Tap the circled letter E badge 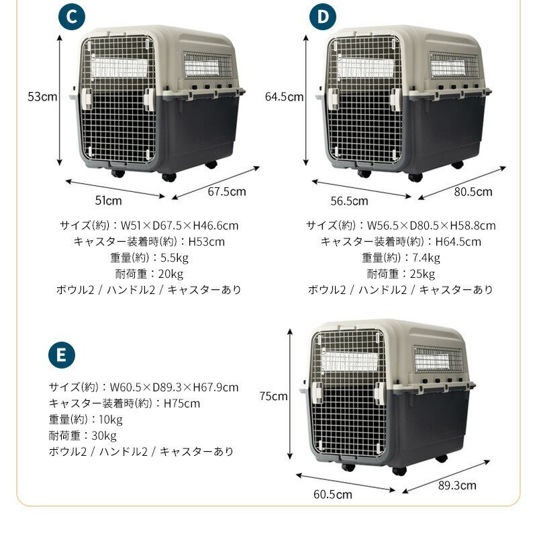61,355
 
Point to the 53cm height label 42,97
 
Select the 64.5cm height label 285,97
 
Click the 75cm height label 274,396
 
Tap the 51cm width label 109,200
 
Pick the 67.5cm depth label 226,191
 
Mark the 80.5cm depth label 473,191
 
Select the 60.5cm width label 333,495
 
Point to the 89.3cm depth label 457,485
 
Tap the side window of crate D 454,66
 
